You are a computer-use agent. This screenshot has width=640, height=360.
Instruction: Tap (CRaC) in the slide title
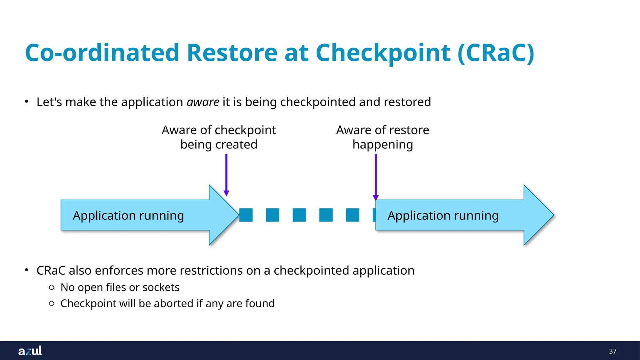pyautogui.click(x=496, y=53)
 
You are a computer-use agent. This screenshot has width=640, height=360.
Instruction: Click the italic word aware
pyautogui.click(x=203, y=102)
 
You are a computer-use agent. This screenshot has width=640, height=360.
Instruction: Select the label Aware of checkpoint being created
pyautogui.click(x=219, y=137)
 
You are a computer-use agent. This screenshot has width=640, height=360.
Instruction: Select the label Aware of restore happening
pyautogui.click(x=382, y=137)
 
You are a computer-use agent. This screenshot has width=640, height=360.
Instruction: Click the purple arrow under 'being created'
pyautogui.click(x=226, y=175)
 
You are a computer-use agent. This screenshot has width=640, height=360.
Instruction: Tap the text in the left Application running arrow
pyautogui.click(x=128, y=216)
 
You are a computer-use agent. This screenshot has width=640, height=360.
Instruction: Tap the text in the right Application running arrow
pyautogui.click(x=443, y=216)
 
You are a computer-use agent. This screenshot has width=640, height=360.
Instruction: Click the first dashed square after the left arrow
pyautogui.click(x=246, y=215)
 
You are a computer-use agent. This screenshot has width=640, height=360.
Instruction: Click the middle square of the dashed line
pyautogui.click(x=299, y=215)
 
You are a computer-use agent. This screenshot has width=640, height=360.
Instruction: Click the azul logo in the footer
pyautogui.click(x=30, y=351)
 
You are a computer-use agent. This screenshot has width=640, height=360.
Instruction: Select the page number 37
pyautogui.click(x=612, y=351)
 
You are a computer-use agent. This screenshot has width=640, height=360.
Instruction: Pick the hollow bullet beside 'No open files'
pyautogui.click(x=52, y=287)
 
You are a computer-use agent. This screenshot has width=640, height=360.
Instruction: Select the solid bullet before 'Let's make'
pyautogui.click(x=27, y=102)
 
